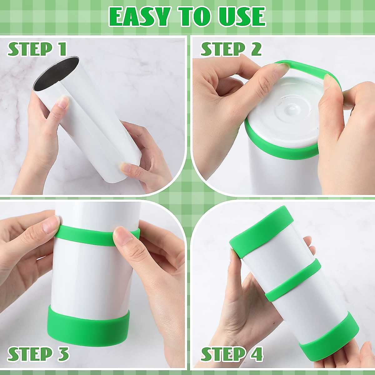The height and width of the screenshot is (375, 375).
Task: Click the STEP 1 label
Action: point(37,49)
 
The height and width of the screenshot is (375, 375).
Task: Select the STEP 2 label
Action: point(231,49)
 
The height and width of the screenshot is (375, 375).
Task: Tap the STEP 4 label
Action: point(232,354)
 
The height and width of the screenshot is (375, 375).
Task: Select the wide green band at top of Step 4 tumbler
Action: point(261,231)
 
